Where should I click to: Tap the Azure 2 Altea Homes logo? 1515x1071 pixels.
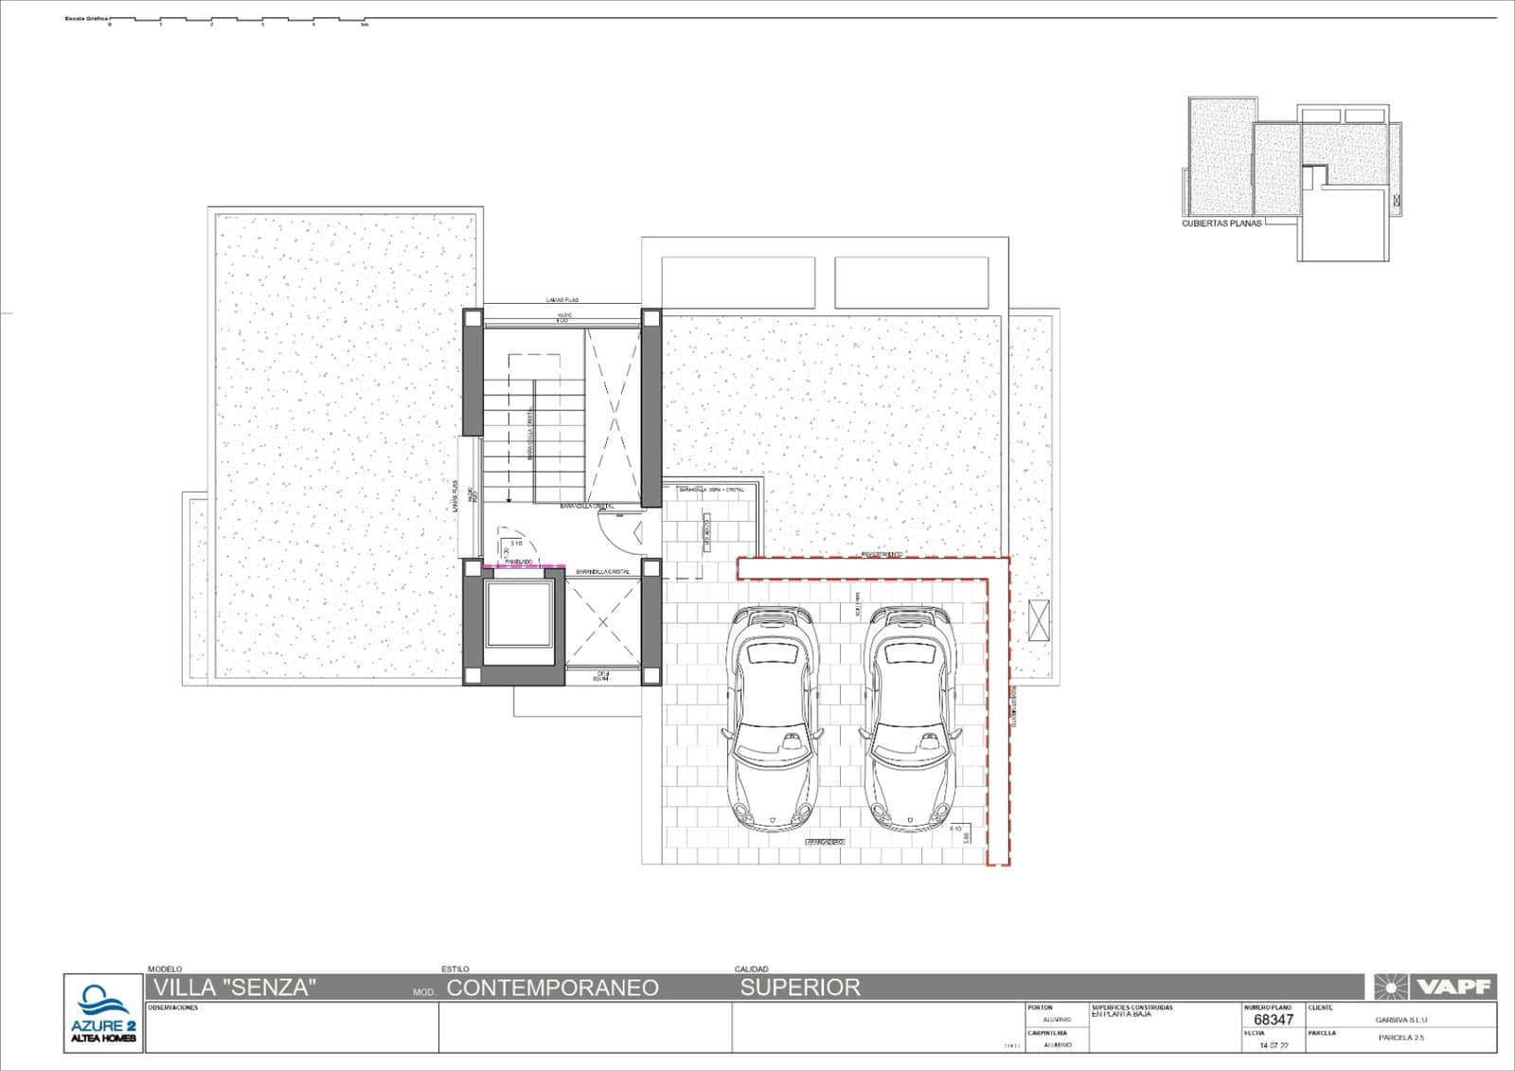click(103, 1013)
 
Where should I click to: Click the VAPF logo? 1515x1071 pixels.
click(1435, 988)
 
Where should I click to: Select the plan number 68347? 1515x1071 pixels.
click(1273, 1020)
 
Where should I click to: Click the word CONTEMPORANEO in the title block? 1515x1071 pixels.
click(552, 988)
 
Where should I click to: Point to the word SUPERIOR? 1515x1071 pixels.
click(800, 988)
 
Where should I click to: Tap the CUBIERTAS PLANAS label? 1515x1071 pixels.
click(1221, 224)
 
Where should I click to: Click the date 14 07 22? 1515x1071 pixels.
click(1274, 1045)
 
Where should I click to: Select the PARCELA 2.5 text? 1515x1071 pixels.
click(1401, 1038)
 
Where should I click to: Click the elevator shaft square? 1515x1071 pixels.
click(518, 616)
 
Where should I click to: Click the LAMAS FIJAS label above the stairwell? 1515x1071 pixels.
click(562, 300)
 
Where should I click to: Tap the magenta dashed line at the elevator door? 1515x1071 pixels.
click(518, 566)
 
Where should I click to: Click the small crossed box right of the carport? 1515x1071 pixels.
click(1039, 622)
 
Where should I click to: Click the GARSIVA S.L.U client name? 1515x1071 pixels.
click(1400, 1020)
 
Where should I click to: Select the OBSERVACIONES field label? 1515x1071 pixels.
click(172, 1008)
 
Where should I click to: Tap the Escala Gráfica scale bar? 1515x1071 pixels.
click(237, 20)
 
